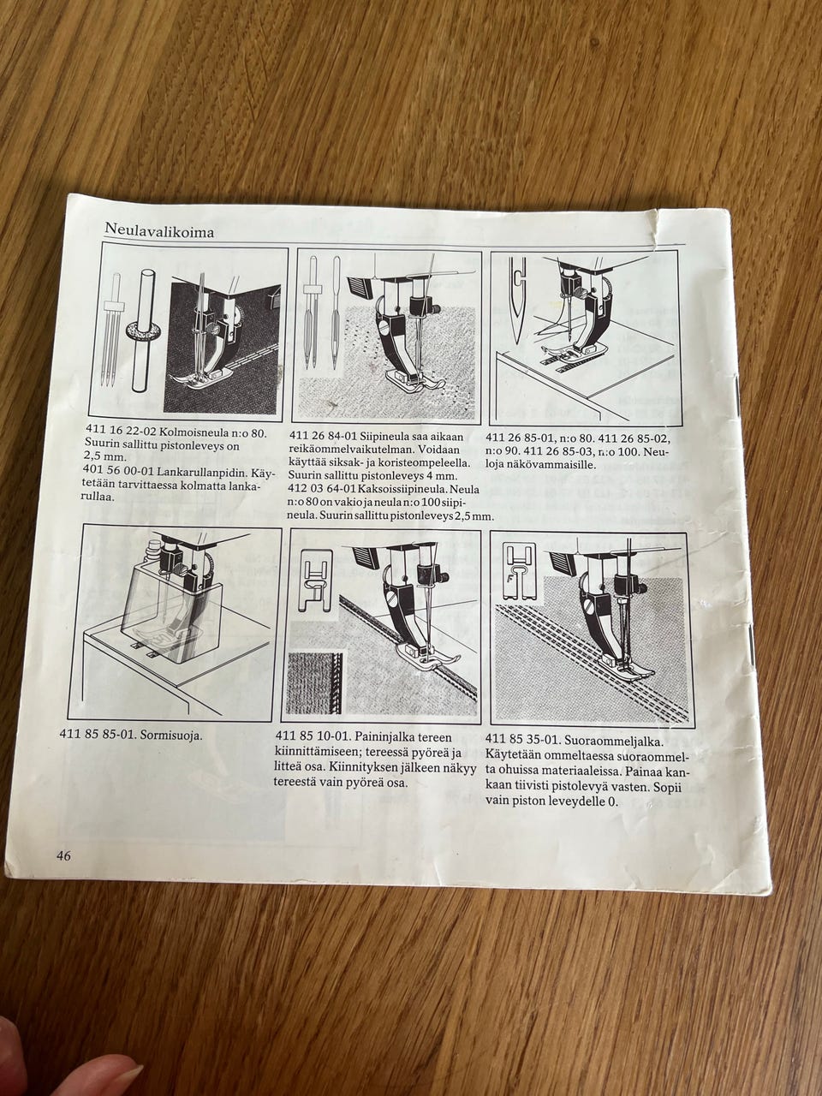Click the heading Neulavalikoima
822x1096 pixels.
pyautogui.click(x=159, y=231)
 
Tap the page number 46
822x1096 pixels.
pyautogui.click(x=63, y=855)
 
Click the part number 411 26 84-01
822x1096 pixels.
pyautogui.click(x=322, y=437)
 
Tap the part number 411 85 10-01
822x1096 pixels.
pyautogui.click(x=308, y=737)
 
